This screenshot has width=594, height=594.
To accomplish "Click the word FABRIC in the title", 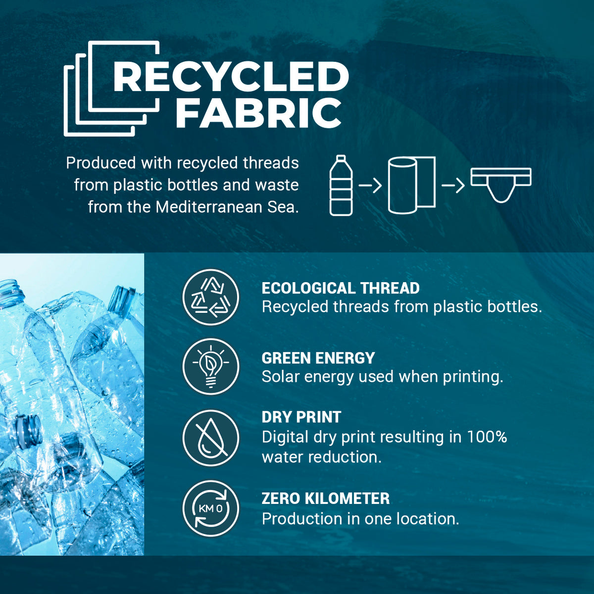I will (258, 113).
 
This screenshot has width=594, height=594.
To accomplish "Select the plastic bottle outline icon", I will (341, 185).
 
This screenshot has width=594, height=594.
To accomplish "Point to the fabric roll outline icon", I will (411, 185).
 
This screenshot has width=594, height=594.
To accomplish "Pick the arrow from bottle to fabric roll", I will (370, 186).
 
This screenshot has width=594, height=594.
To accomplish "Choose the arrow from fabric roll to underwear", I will (453, 186).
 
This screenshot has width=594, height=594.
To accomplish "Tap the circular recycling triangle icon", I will (211, 297).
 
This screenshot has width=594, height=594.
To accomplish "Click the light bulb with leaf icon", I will (211, 367).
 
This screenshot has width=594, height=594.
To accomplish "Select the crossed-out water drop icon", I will (211, 438).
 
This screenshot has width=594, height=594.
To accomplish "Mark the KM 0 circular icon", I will (211, 509).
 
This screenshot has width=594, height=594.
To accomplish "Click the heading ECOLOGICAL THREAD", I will (341, 288).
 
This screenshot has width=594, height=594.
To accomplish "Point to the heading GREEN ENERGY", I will (318, 358).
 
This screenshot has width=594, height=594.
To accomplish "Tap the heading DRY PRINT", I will (301, 417).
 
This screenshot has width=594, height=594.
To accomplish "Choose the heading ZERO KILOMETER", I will (326, 498).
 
